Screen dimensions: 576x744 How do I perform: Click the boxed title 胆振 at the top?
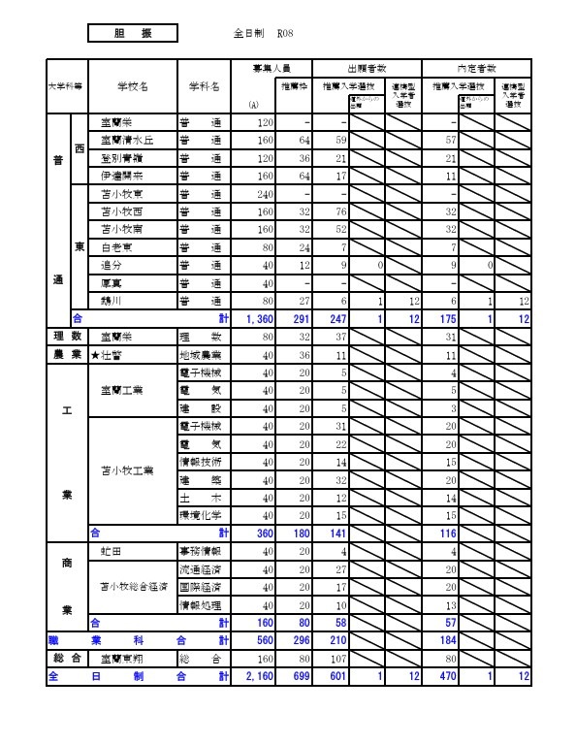(132, 33)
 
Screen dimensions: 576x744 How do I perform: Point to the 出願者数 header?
(368, 68)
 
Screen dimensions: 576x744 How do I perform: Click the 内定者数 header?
(476, 68)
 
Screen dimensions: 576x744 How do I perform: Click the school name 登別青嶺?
(120, 158)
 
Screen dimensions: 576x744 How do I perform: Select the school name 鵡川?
(112, 300)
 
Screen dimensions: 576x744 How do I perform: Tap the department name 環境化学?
(202, 514)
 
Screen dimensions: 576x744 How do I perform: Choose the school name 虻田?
(112, 551)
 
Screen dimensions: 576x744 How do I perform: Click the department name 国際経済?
(202, 587)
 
